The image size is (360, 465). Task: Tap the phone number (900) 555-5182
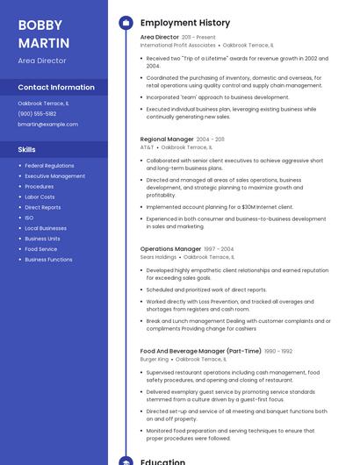tap(37, 113)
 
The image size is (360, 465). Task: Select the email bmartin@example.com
tap(47, 124)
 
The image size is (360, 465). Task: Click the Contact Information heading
tap(56, 87)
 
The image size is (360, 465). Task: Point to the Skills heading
tap(26, 149)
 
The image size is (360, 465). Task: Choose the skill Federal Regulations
tap(49, 166)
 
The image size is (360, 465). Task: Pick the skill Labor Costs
tap(40, 197)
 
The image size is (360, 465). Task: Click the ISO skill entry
tap(29, 218)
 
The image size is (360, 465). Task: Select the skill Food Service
tap(40, 249)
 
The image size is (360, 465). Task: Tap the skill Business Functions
tap(48, 260)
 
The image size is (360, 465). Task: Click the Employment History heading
tap(184, 23)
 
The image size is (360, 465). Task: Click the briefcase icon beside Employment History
tap(126, 23)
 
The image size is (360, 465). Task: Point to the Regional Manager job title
tap(167, 139)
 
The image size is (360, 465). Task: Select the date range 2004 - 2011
tap(210, 139)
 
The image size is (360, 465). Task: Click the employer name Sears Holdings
tap(158, 257)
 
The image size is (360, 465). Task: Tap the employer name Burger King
tap(154, 359)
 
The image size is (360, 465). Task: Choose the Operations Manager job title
tap(170, 248)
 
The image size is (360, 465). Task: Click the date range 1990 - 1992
tap(278, 351)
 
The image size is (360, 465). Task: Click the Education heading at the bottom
tap(162, 461)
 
